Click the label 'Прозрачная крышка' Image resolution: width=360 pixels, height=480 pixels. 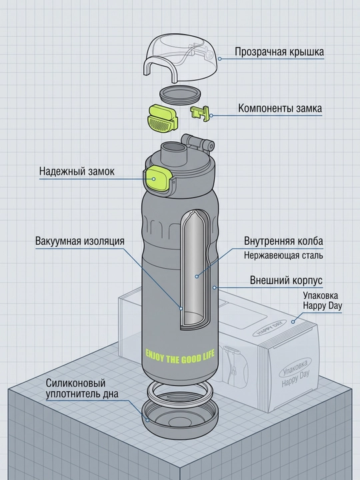[x=279, y=52]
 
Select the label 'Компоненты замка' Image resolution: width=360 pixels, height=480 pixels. [x=280, y=109]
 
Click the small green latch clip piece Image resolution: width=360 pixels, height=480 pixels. [x=200, y=113]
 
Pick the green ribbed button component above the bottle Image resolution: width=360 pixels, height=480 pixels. [x=163, y=119]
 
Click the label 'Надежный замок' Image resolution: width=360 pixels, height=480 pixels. [x=77, y=171]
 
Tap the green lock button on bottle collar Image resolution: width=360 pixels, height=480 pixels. [x=157, y=180]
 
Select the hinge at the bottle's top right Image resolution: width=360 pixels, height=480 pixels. [x=198, y=144]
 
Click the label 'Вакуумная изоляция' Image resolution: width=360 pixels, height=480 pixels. [x=80, y=241]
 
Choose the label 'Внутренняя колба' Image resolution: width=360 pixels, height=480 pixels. [x=283, y=241]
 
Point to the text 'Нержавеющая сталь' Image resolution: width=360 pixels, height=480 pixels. [x=283, y=255]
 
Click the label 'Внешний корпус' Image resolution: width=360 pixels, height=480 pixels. [x=286, y=280]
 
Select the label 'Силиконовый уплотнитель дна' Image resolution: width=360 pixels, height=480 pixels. [x=82, y=388]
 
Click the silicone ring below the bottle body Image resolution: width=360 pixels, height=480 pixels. [x=179, y=393]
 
